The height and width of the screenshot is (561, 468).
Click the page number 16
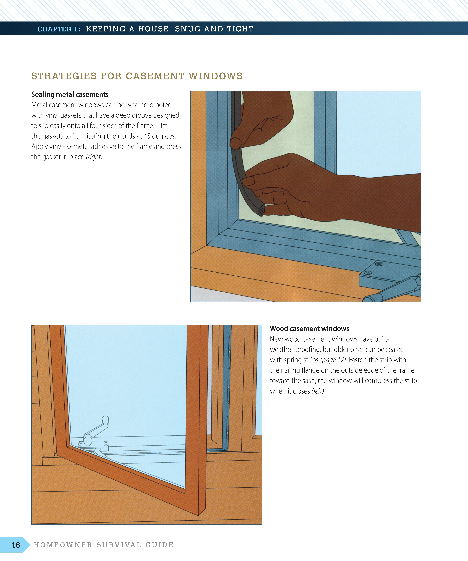pyautogui.click(x=16, y=545)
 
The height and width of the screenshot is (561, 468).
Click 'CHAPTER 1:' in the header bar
pyautogui.click(x=59, y=29)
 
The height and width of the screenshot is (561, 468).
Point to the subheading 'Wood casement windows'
pyautogui.click(x=309, y=329)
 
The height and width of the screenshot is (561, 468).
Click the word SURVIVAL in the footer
pyautogui.click(x=119, y=545)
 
